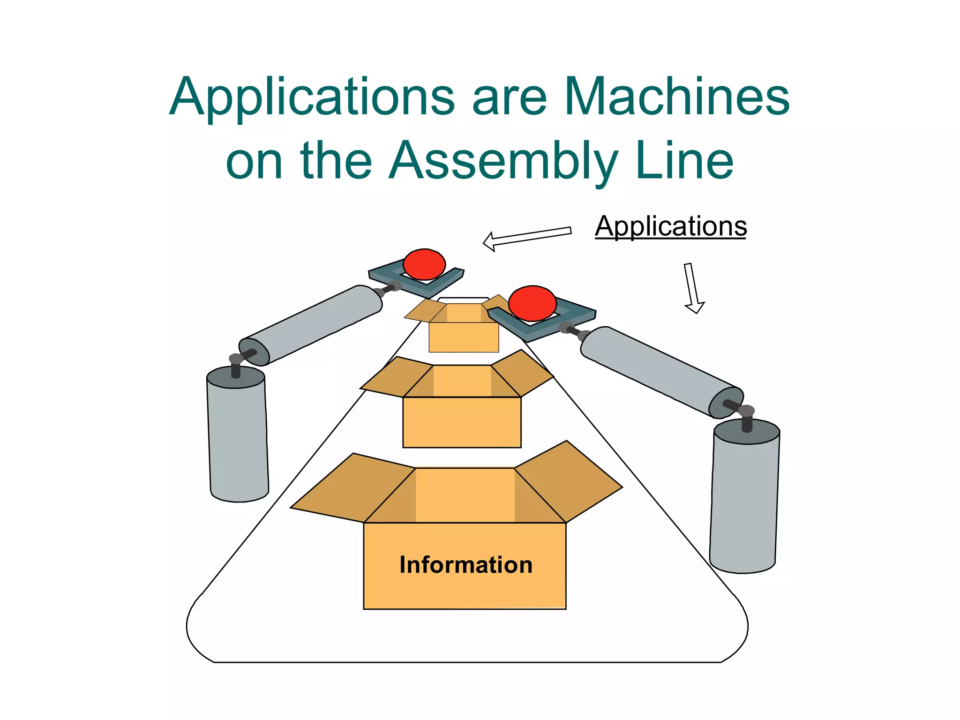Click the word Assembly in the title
coord(502,162)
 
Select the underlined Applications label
coord(670,226)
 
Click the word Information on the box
coord(465,565)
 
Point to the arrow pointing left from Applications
coord(527,238)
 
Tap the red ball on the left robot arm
coord(424,264)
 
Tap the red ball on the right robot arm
coord(532,303)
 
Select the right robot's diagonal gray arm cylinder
coord(661,370)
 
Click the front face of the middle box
coord(462,422)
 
